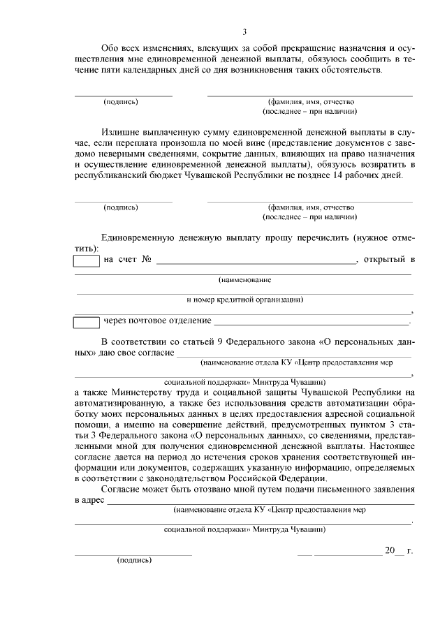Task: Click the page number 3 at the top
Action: [x=244, y=31]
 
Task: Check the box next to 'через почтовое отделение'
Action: [x=87, y=322]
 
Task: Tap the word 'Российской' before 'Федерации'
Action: [x=254, y=478]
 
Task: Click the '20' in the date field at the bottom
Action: [x=390, y=550]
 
